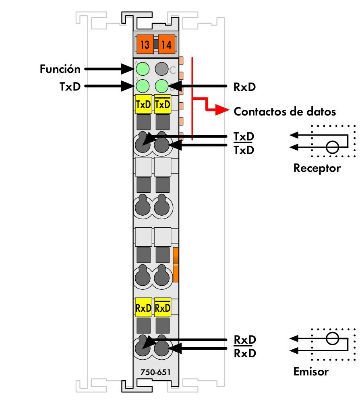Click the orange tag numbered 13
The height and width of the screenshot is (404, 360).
point(145,45)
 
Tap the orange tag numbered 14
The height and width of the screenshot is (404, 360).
point(166,45)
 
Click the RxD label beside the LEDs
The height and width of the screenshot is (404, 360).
point(244,87)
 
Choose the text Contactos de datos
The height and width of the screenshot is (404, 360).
point(285,111)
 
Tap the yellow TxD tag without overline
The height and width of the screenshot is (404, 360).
point(143,104)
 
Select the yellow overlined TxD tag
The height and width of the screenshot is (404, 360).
point(162,104)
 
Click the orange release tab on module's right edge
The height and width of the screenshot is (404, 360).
point(176,264)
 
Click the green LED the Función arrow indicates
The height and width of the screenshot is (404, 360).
point(142,69)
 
